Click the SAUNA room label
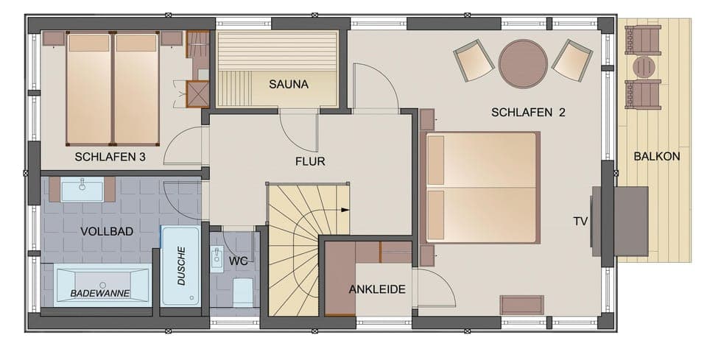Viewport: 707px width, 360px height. click(288, 84)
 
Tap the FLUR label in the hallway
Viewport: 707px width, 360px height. click(310, 161)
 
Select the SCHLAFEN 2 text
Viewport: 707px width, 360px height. click(528, 113)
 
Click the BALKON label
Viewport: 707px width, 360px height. click(656, 156)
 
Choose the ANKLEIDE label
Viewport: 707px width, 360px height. click(377, 289)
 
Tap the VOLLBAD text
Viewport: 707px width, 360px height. click(107, 231)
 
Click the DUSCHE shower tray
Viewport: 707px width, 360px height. click(180, 265)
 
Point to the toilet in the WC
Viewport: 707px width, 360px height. click(243, 292)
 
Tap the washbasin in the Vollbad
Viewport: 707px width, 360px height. click(82, 189)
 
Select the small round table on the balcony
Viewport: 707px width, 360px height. click(644, 67)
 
